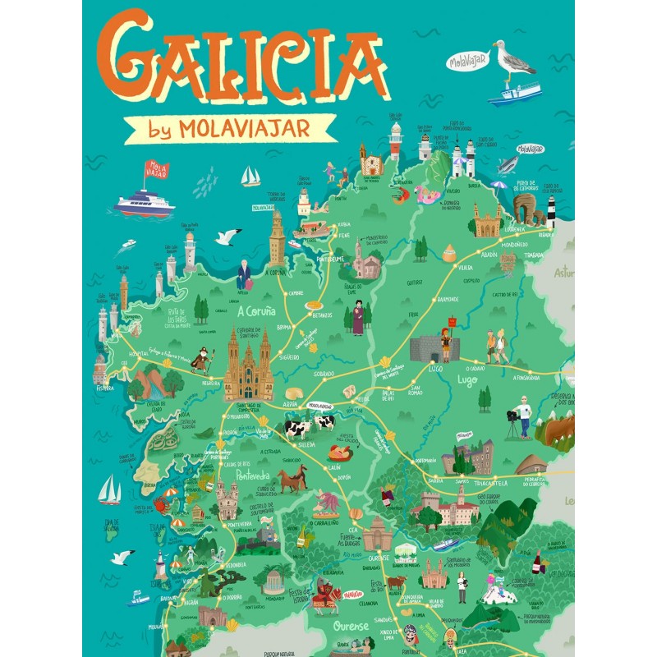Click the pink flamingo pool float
point(427,195)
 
